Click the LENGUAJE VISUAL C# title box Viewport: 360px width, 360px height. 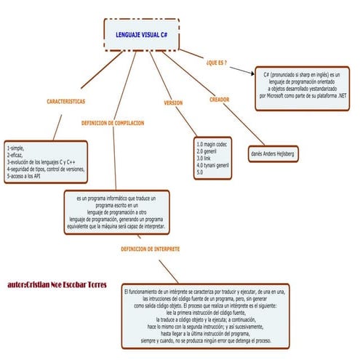[142, 34]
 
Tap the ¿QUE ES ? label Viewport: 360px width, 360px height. [216, 63]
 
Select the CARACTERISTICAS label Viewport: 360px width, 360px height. [65, 100]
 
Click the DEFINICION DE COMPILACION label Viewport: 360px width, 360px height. [113, 124]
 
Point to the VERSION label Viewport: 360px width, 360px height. [173, 103]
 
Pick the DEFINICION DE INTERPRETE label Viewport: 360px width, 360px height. [151, 249]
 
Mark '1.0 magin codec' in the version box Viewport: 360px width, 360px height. [212, 144]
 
